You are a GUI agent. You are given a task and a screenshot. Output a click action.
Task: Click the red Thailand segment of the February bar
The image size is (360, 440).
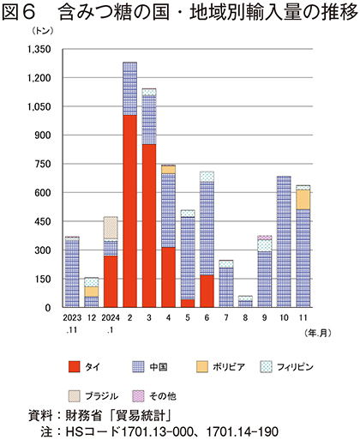click(130, 211)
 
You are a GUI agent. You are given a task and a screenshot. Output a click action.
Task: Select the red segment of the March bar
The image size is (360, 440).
click(149, 226)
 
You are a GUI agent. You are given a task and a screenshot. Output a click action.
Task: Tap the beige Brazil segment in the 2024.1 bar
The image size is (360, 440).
click(111, 227)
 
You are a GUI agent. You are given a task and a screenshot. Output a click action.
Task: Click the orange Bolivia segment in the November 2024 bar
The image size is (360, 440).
click(303, 200)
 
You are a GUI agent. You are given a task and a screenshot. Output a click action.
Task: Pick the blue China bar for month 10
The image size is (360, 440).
click(284, 242)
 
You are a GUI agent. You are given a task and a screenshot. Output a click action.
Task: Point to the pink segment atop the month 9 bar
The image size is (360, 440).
click(265, 238)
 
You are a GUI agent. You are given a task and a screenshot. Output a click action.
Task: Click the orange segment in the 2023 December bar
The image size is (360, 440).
click(92, 292)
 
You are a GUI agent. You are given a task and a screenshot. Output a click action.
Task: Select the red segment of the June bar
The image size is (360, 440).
click(207, 291)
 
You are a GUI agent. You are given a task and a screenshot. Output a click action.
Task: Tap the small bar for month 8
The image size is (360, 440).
click(245, 302)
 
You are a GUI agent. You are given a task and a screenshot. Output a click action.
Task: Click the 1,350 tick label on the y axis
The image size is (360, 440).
click(39, 50)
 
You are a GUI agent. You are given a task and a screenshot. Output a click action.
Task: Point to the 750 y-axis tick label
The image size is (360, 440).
click(43, 164)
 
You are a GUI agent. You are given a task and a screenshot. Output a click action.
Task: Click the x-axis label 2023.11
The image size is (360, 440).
click(72, 323)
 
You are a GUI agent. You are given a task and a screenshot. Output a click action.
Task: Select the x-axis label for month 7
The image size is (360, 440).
click(226, 317)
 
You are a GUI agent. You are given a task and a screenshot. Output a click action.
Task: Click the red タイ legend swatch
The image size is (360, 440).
click(74, 367)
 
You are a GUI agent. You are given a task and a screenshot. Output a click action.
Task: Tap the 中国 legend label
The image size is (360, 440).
click(159, 367)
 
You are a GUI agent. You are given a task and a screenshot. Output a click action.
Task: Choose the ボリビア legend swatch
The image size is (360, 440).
click(202, 367)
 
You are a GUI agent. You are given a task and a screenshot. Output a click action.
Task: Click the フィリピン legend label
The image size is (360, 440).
click(295, 367)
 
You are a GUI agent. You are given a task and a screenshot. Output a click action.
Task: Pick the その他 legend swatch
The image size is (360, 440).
click(138, 396)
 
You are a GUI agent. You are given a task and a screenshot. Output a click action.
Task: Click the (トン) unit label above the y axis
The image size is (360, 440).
click(43, 31)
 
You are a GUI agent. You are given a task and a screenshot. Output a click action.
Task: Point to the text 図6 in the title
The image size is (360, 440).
click(19, 13)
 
